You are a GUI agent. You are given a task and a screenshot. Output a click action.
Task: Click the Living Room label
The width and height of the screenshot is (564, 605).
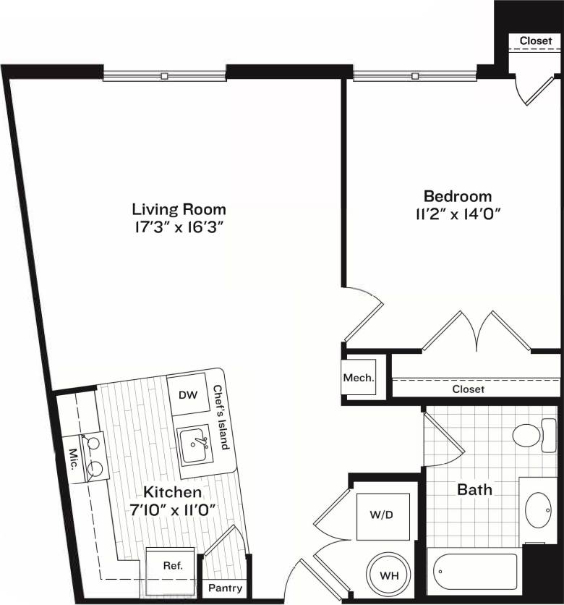point(179,209)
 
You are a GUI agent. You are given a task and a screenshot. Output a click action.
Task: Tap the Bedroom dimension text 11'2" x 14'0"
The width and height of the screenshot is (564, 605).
point(457,213)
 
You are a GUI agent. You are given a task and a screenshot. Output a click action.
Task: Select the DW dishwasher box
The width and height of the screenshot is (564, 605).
point(188,395)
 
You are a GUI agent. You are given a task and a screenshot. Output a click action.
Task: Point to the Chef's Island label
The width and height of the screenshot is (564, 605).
point(221,418)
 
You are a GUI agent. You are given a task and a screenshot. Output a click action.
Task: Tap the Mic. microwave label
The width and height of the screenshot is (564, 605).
point(74,460)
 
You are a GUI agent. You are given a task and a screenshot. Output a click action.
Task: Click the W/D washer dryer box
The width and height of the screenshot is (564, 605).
point(383,517)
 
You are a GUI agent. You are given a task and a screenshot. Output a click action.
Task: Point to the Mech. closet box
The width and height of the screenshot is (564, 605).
point(358,378)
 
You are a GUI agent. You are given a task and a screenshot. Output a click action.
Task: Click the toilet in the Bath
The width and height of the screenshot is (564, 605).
point(531,436)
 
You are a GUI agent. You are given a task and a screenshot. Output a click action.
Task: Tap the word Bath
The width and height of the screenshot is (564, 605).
point(474,490)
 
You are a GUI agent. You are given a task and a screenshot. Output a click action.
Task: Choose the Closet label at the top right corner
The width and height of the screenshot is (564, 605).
point(535,41)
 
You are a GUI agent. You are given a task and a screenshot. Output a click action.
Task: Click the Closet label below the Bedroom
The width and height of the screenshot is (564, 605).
point(468,389)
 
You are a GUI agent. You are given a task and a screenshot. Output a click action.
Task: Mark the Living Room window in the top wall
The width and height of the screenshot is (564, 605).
point(164,75)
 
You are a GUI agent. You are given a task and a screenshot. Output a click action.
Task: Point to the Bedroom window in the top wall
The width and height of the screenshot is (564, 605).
point(415,75)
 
